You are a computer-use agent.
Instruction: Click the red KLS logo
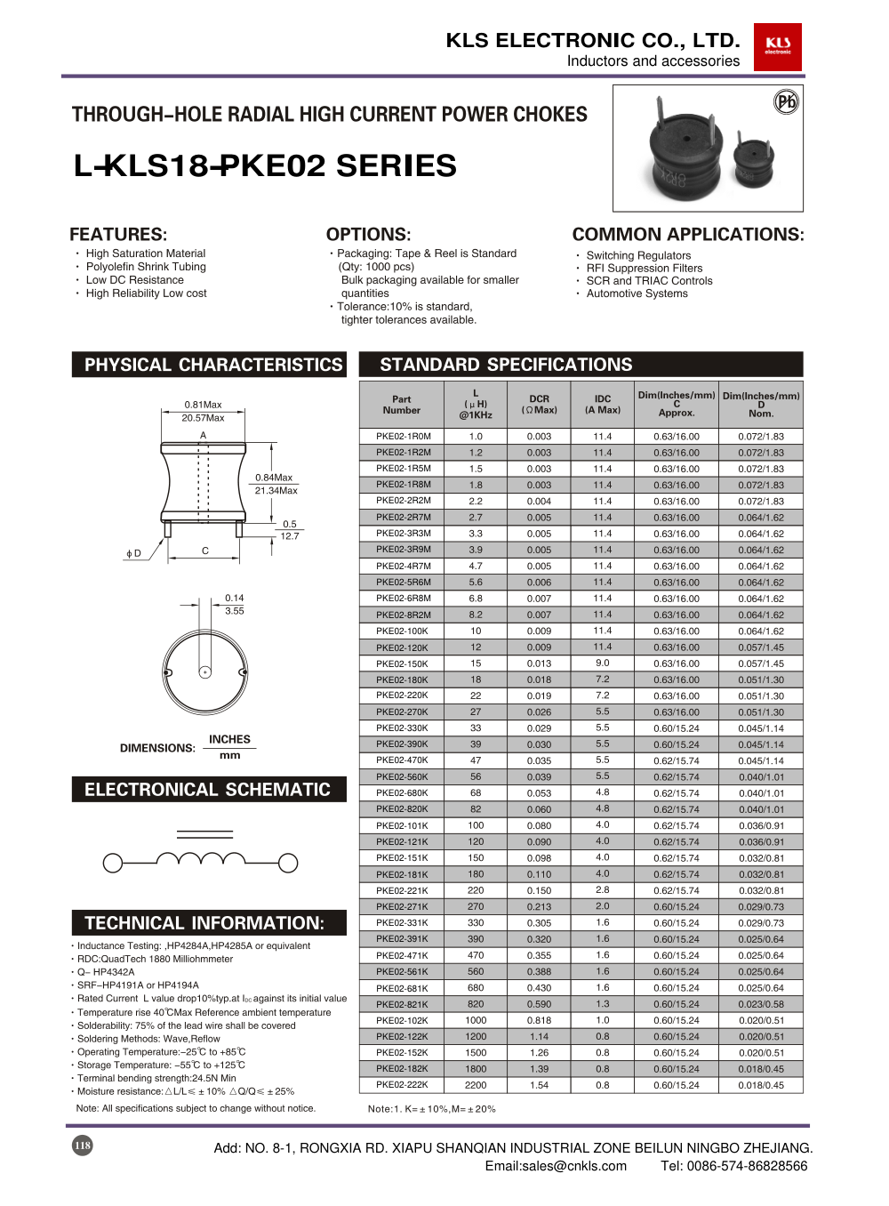click(778, 46)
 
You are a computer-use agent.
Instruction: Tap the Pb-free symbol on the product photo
click(786, 101)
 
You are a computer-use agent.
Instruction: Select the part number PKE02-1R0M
click(404, 437)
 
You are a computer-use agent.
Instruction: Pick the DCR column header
click(539, 405)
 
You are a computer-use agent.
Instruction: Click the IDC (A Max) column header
click(603, 405)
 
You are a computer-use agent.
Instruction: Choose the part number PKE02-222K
click(404, 1085)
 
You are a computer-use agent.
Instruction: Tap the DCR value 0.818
click(539, 1021)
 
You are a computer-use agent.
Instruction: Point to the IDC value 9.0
click(603, 663)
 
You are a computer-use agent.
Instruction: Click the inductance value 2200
click(476, 1085)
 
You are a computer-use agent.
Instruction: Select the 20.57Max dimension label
click(203, 418)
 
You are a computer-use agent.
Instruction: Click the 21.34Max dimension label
click(276, 491)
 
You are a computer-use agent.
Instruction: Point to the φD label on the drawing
click(133, 553)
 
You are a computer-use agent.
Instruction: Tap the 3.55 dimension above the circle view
click(234, 611)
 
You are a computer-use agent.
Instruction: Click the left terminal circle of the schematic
click(113, 862)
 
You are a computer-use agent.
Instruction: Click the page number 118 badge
click(83, 1146)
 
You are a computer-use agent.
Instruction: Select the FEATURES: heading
click(118, 235)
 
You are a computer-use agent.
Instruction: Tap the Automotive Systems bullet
click(637, 293)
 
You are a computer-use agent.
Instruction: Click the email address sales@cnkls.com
click(556, 1166)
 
